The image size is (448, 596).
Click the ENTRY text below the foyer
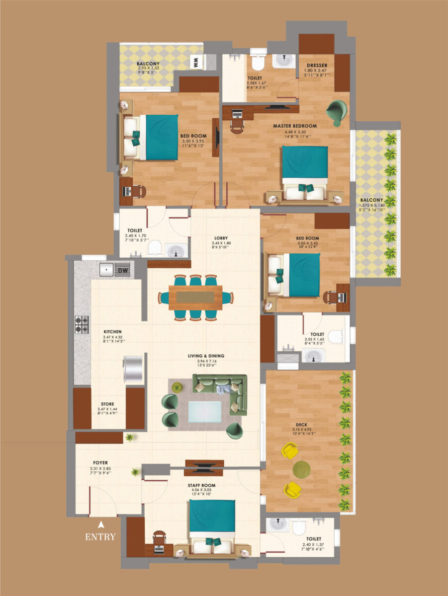pyautogui.click(x=100, y=537)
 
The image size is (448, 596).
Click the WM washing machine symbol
pyautogui.click(x=196, y=63)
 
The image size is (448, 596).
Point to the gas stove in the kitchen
pyautogui.click(x=82, y=325)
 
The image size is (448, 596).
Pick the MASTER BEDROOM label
pyautogui.click(x=294, y=126)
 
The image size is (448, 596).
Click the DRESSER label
pyautogui.click(x=316, y=65)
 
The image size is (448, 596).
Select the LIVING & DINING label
pyautogui.click(x=206, y=356)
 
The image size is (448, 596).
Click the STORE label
pyautogui.click(x=107, y=404)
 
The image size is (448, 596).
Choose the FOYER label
pyautogui.click(x=100, y=463)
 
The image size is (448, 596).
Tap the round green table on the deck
pyautogui.click(x=301, y=469)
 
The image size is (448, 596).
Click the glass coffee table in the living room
pyautogui.click(x=205, y=412)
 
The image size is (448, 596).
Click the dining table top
pyautogui.click(x=195, y=298)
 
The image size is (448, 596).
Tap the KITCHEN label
pyautogui.click(x=113, y=331)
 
